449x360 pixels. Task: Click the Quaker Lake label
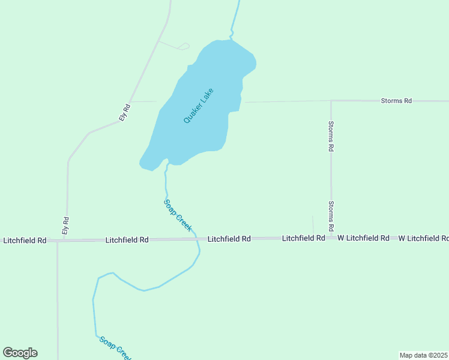[199, 106]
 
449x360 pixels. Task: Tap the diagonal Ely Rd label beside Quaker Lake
[125, 113]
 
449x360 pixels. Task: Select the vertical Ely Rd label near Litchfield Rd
[66, 225]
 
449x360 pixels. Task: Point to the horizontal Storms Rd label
[396, 101]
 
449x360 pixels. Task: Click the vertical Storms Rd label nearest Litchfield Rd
[331, 217]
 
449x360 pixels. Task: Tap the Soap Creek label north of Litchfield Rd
[178, 215]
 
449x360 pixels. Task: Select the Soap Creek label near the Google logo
[115, 348]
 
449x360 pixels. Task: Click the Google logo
[20, 353]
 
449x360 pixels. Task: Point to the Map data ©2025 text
[424, 355]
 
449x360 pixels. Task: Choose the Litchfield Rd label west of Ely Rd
[25, 241]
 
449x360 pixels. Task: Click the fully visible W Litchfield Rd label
[363, 238]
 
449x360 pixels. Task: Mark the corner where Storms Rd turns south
[331, 101]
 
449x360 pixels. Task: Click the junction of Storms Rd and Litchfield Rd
[331, 238]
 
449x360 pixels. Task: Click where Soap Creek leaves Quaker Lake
[167, 163]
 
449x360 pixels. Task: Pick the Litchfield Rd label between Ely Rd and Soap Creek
[127, 240]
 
